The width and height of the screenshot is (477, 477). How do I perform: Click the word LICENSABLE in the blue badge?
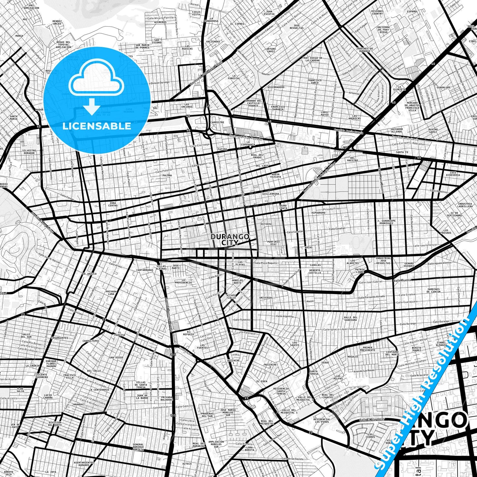click(97, 126)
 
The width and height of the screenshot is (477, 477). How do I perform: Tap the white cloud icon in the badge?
click(96, 81)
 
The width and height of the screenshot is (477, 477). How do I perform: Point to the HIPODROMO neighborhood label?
click(318, 213)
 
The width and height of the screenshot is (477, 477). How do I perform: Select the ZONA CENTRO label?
click(113, 204)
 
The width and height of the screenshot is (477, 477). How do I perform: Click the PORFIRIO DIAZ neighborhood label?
click(274, 243)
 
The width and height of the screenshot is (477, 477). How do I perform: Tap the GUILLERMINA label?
click(271, 194)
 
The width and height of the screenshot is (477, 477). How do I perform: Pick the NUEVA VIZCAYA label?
click(276, 175)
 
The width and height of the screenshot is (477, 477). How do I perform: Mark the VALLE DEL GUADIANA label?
click(350, 318)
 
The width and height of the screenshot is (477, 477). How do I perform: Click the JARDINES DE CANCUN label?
click(433, 290)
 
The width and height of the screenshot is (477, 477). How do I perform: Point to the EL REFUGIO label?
click(188, 333)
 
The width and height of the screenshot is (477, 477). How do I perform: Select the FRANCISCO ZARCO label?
click(314, 81)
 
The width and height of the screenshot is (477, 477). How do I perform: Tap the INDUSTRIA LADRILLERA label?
click(465, 205)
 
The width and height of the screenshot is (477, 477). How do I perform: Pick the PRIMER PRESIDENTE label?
click(367, 349)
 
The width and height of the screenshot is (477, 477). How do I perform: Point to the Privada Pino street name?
click(331, 209)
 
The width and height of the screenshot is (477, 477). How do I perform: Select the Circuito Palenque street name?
click(244, 333)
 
